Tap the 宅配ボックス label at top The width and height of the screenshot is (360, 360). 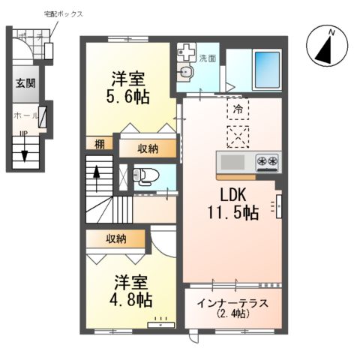[64, 14]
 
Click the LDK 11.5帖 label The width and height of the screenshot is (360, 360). [232, 202]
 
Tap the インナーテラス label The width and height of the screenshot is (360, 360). [233, 307]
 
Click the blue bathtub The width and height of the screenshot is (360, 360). [266, 69]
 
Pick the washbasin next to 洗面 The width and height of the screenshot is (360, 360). [187, 72]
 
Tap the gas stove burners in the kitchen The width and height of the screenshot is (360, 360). [267, 160]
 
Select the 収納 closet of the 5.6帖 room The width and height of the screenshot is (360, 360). [147, 148]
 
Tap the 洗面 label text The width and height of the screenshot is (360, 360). [208, 58]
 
